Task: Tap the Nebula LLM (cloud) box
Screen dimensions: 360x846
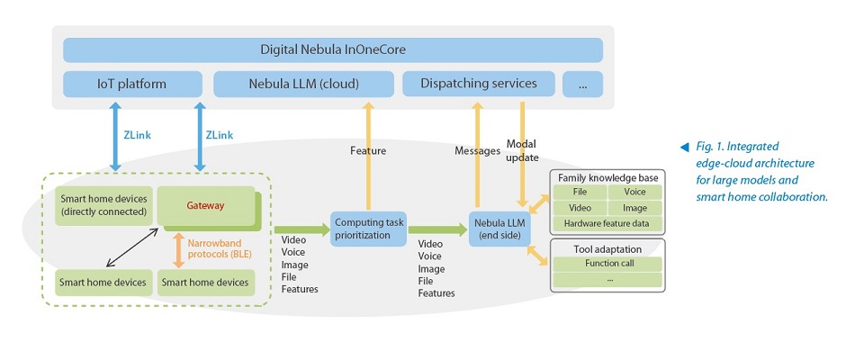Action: coord(303,84)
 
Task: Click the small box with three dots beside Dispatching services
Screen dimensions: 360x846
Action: coord(582,84)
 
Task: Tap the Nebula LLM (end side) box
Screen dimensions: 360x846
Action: coord(496,229)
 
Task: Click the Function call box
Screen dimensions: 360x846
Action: coord(607,264)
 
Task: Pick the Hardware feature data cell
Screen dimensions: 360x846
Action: coord(607,223)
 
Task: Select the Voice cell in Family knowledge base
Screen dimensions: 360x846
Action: coord(634,192)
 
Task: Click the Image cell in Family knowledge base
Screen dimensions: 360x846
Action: coord(634,207)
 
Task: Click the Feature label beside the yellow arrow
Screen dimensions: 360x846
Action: coord(367,151)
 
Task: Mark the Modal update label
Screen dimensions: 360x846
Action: coord(522,151)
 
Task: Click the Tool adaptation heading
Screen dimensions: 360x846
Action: coord(607,247)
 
